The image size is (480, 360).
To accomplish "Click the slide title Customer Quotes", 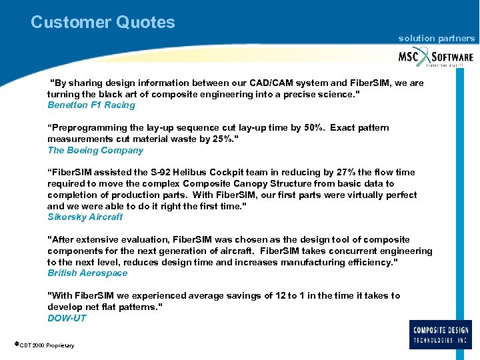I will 103,22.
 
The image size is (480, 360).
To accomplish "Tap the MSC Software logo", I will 435,57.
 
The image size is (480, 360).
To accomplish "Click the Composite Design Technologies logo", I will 441,334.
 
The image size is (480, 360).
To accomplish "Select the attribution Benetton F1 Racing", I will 91,105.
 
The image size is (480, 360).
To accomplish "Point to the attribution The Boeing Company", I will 95,151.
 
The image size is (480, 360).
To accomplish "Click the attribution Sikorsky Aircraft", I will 85,217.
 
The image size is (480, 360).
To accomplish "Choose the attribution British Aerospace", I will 87,273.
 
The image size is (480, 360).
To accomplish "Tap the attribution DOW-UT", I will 67,318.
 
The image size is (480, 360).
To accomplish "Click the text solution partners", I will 436,39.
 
